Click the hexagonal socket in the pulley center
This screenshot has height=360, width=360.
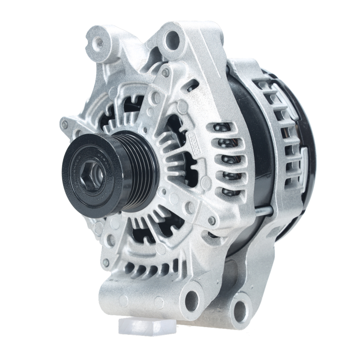click(x=95, y=173)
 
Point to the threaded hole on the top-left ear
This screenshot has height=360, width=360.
click(x=100, y=43)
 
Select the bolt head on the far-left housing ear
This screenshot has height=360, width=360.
click(x=65, y=125)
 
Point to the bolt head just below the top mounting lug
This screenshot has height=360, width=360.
click(x=165, y=72)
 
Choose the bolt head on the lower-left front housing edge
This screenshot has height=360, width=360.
click(x=105, y=263)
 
